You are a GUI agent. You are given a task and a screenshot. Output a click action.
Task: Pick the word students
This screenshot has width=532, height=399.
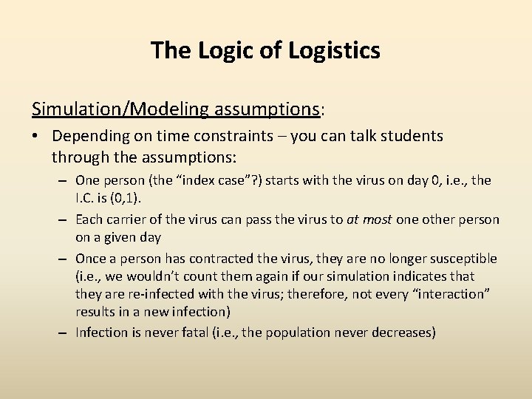coord(409,137)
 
